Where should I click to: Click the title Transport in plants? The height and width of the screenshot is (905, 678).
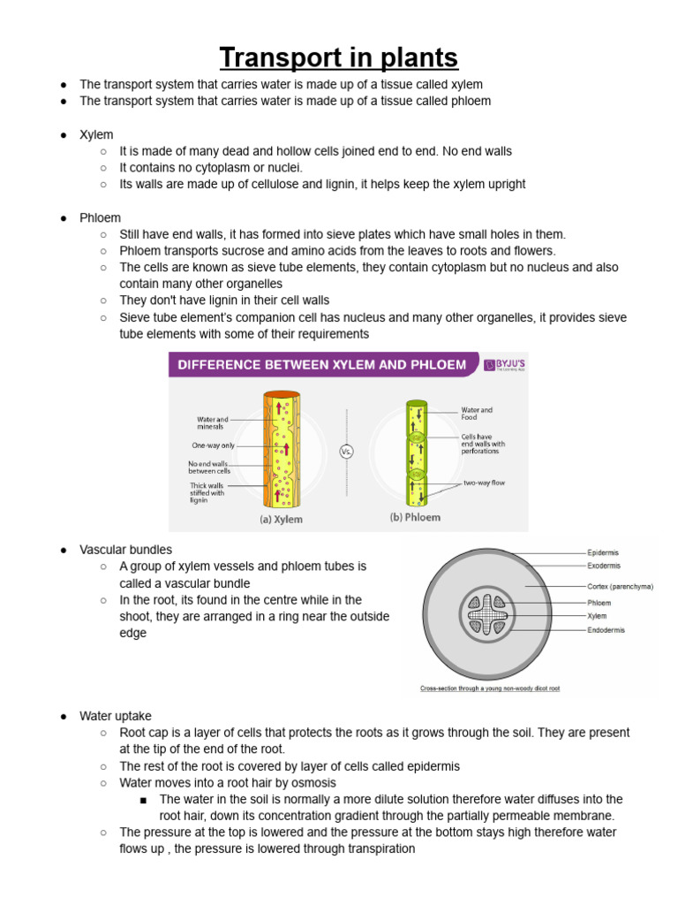339,58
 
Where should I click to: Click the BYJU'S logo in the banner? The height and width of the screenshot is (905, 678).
504,364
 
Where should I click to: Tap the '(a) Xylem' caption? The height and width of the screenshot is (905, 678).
281,520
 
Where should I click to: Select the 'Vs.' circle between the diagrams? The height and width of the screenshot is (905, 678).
347,452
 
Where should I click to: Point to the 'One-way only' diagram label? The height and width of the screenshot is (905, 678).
214,445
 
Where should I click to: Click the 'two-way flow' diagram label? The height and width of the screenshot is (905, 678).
485,483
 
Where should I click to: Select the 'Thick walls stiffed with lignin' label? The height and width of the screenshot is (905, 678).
207,493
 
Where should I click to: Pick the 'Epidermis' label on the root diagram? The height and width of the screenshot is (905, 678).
603,552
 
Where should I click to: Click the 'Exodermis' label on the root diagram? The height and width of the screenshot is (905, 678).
604,566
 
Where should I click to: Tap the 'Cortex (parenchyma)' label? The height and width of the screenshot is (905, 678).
619,586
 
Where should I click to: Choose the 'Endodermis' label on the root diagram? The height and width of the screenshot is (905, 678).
606,630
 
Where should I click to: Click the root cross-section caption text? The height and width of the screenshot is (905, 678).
490,688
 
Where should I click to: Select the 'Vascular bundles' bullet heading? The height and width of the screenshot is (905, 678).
126,550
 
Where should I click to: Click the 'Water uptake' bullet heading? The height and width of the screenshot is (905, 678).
116,716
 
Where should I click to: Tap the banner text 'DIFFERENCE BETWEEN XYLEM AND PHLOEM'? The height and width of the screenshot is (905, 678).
322,364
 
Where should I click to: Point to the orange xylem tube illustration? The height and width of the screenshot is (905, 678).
282,451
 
